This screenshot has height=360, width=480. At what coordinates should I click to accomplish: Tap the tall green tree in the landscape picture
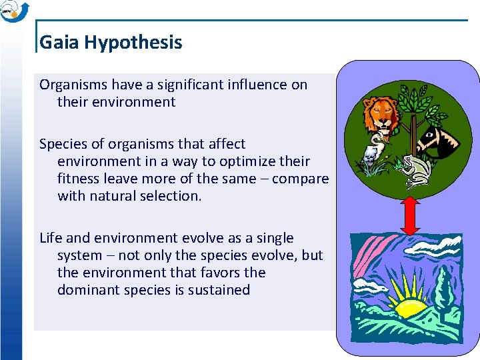point(444,287)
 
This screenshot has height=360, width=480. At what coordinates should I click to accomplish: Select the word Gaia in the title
point(59,43)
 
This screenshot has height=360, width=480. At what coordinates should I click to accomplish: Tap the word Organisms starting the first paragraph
point(73,85)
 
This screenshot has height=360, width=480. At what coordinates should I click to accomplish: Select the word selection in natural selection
point(169,196)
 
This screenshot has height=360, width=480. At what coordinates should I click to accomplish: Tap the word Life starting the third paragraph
point(51,238)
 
